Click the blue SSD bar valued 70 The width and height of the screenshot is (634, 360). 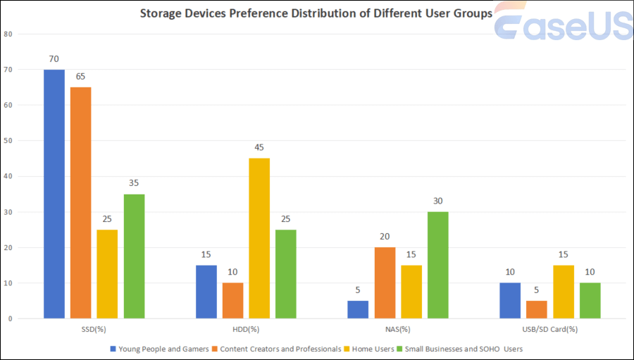(x=54, y=194)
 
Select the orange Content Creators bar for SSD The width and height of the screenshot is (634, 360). (x=80, y=203)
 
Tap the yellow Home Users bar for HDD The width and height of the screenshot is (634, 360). (x=259, y=238)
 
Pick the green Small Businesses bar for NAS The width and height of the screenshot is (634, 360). (x=438, y=265)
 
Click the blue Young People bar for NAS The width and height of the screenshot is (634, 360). (x=358, y=309)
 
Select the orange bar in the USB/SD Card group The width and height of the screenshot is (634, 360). (x=537, y=309)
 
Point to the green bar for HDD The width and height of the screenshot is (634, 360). (x=286, y=273)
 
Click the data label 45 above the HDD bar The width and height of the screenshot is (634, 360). (x=259, y=147)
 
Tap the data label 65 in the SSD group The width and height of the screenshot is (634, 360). (x=80, y=76)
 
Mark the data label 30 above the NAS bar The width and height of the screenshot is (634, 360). (x=438, y=201)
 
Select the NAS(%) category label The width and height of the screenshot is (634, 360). (x=398, y=329)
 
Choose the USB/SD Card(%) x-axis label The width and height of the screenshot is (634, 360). (x=549, y=329)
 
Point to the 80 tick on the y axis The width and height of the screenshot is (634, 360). (x=8, y=34)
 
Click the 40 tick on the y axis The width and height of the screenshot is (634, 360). (x=8, y=176)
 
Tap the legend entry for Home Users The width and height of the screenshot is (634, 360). (x=371, y=349)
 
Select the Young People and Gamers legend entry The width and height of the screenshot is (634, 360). (x=161, y=349)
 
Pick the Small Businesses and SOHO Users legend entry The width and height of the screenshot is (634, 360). (x=462, y=349)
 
